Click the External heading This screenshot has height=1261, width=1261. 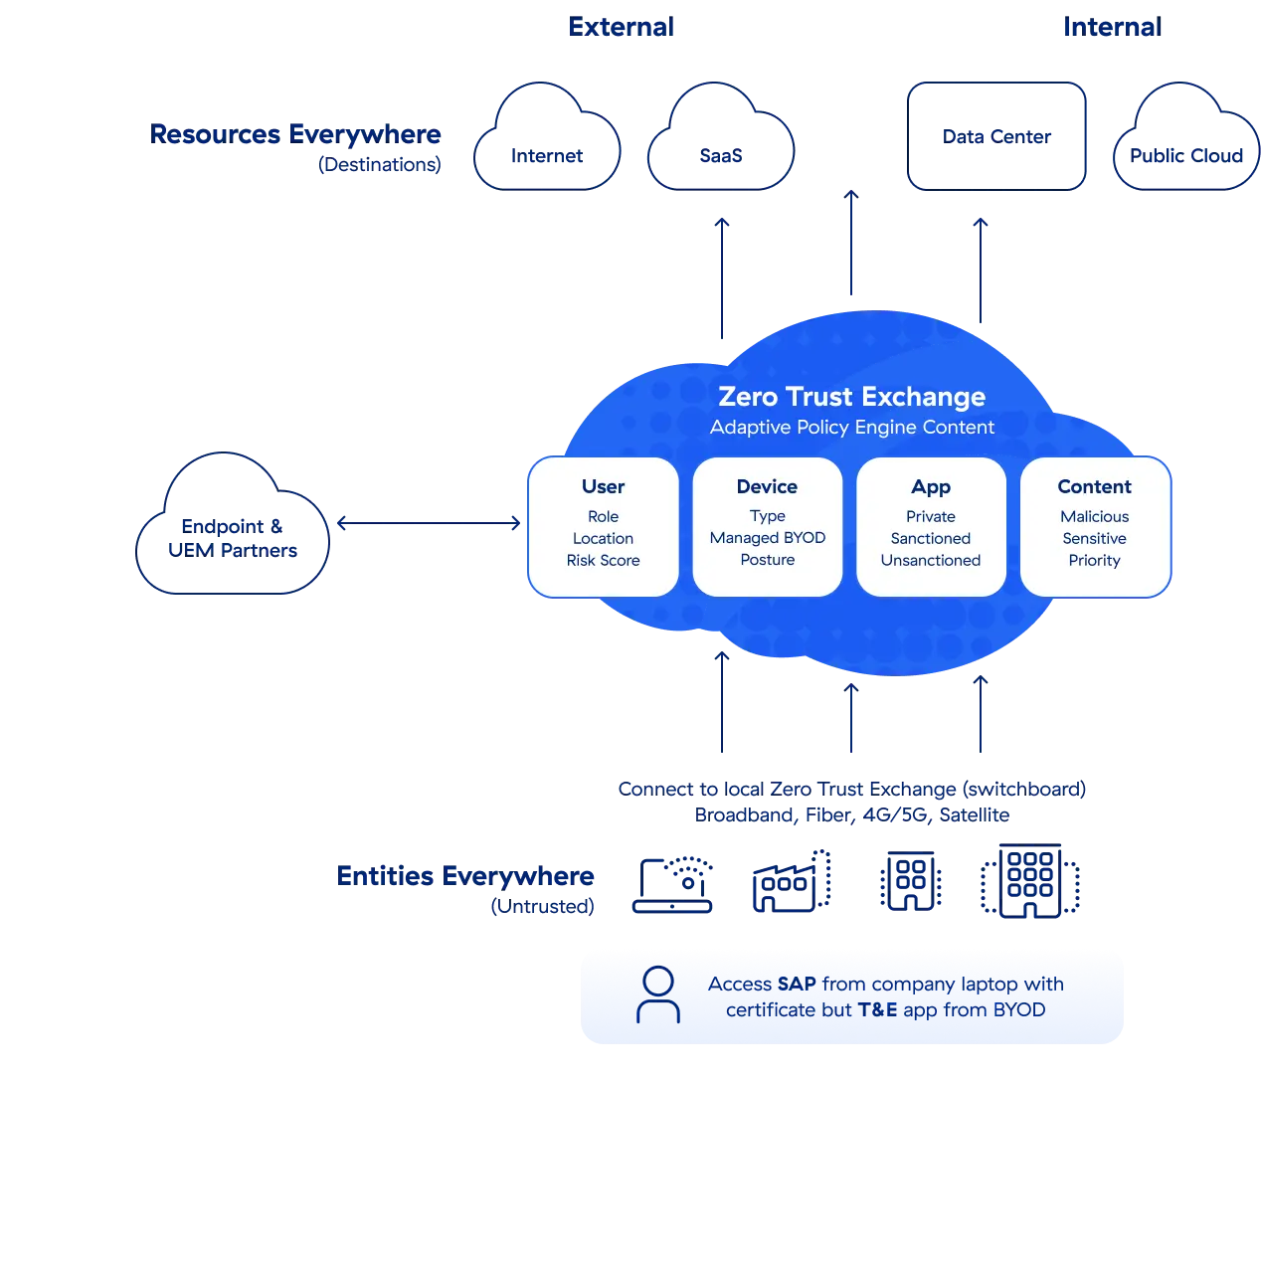[621, 27]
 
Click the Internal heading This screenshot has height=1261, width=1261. [1110, 27]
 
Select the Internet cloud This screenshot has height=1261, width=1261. [546, 144]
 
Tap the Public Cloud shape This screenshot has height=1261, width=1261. [1186, 144]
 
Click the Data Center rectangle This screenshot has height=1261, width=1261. [997, 136]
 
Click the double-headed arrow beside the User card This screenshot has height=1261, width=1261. [429, 522]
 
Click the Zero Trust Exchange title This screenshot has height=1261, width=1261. [851, 397]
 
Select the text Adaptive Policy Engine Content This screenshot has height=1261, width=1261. [851, 428]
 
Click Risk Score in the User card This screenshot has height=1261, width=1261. [603, 561]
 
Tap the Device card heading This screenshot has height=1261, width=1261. [767, 486]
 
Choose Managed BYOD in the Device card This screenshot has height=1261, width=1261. [767, 538]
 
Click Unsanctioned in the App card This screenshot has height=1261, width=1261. [930, 561]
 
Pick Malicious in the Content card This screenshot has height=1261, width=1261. [1094, 516]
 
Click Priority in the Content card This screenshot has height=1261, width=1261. [1094, 561]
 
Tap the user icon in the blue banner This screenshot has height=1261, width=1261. [657, 995]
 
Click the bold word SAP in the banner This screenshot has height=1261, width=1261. [797, 984]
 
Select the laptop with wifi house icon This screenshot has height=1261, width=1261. [673, 883]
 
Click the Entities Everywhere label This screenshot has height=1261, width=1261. [465, 877]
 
